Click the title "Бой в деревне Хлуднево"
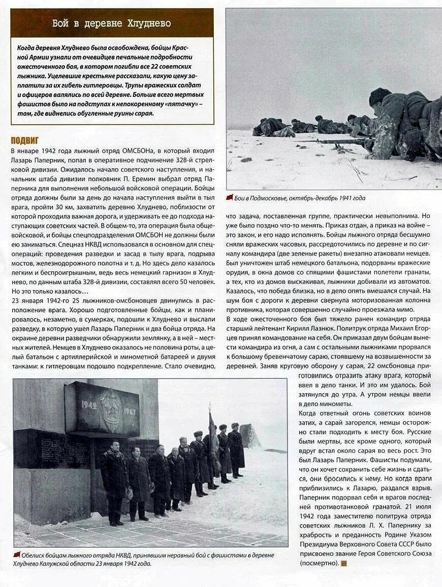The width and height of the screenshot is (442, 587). point(112,23)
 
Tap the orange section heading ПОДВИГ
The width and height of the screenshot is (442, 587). point(25,140)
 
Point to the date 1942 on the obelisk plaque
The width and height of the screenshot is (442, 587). point(89,405)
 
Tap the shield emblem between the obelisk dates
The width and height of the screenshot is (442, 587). point(110,410)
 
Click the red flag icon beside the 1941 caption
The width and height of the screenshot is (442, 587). point(230,198)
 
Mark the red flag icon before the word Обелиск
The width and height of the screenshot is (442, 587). point(17,554)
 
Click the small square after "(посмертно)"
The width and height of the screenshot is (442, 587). point(344,563)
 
